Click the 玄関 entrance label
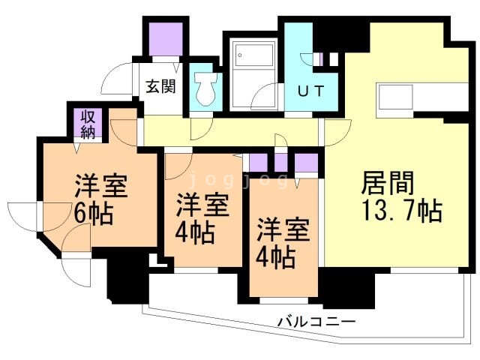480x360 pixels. coord(160,86)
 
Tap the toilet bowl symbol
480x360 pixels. coord(204,89)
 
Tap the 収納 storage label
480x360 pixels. coord(88,123)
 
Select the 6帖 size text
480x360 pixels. coord(93,213)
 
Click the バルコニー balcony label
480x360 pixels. coord(316,322)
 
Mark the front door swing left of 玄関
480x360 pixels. coord(117,78)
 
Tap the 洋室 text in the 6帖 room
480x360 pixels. coord(100,185)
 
